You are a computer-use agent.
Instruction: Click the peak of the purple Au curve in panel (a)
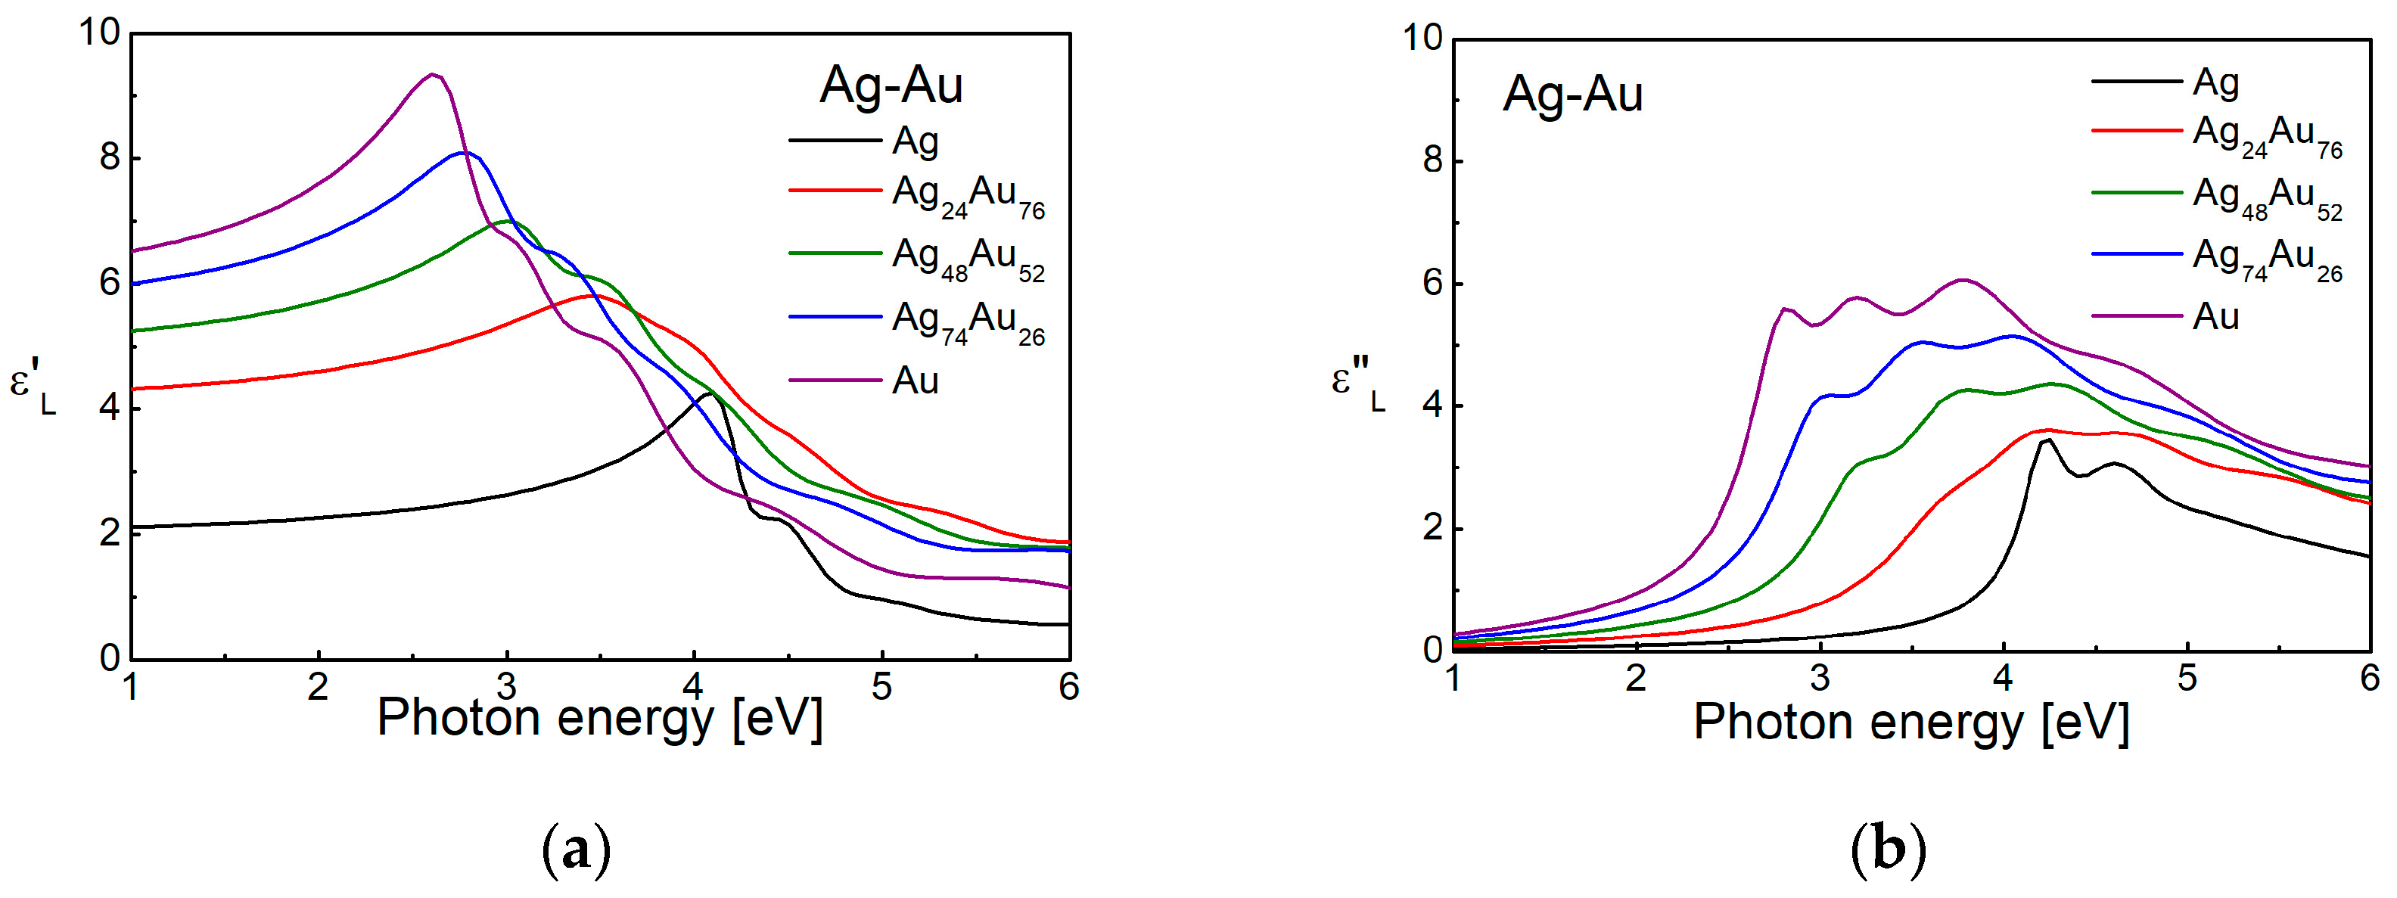tap(433, 74)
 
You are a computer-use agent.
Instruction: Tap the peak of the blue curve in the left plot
tap(466, 153)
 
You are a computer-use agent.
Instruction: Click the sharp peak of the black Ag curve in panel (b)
tap(2048, 440)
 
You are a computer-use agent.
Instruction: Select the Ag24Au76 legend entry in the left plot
tap(968, 195)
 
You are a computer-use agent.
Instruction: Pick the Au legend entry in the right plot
tap(2215, 317)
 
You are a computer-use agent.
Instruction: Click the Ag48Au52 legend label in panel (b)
tap(2267, 197)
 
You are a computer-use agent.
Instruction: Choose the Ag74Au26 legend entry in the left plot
tap(968, 322)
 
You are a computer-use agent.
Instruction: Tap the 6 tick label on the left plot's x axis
tap(1069, 688)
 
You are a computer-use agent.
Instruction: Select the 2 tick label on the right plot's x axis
tap(1636, 679)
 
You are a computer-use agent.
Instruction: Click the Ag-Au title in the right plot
tap(1572, 94)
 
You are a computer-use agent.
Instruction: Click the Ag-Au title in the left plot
tap(891, 85)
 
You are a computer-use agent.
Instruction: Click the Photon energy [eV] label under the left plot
tap(599, 719)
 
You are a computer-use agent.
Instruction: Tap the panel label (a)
tap(576, 850)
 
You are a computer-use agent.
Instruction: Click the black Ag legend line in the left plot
tap(835, 141)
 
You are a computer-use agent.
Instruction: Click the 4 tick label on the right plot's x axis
tap(2004, 679)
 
